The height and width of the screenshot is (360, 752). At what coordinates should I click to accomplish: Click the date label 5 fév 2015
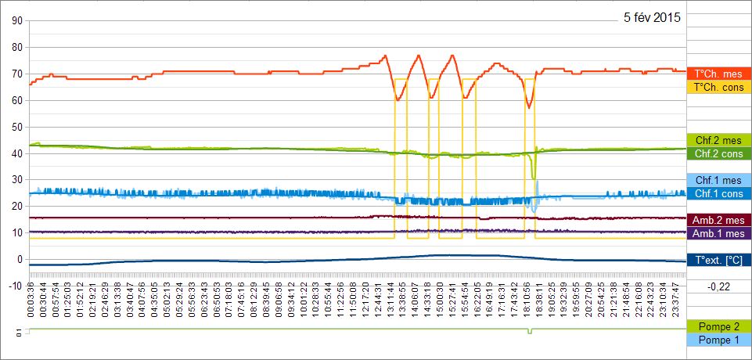[652, 17]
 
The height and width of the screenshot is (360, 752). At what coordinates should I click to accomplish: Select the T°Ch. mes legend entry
[718, 74]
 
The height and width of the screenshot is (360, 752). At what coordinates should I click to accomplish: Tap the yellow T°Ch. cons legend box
[718, 87]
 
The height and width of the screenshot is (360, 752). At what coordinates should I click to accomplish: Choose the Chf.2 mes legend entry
[718, 140]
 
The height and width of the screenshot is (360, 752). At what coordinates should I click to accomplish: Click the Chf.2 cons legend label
[718, 153]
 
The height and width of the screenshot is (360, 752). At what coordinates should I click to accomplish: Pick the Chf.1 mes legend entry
[718, 180]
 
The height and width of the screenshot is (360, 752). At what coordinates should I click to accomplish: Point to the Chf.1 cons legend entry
[718, 193]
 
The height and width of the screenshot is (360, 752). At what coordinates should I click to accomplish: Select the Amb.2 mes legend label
[718, 220]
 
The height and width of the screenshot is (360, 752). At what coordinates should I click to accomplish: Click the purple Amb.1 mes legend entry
[718, 233]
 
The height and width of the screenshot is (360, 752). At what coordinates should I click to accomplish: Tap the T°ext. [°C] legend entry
[718, 260]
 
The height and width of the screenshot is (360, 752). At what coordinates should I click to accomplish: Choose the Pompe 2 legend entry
[718, 326]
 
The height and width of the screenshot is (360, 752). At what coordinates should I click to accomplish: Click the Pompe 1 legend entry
[718, 340]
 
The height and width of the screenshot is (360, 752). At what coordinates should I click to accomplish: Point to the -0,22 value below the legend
[718, 287]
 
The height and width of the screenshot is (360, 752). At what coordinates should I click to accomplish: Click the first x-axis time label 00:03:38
[31, 303]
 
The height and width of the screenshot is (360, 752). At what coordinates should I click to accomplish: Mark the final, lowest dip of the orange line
[529, 107]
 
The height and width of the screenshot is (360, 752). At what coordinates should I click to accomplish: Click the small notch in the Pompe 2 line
[529, 333]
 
